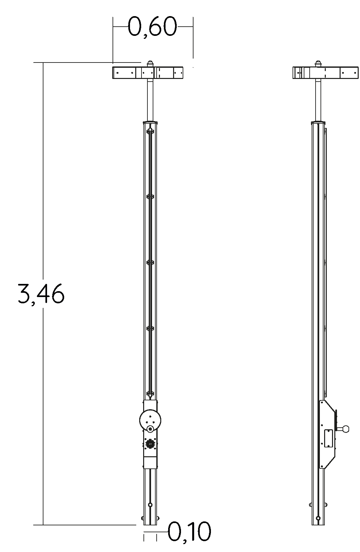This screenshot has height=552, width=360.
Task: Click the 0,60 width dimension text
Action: point(152,27)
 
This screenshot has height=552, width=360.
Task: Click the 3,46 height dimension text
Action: point(41,293)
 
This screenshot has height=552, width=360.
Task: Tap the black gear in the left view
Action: point(150,444)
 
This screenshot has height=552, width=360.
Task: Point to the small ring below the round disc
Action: point(150,429)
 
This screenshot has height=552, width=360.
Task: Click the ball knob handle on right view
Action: point(345,429)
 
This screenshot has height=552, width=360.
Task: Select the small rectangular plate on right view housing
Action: point(328,438)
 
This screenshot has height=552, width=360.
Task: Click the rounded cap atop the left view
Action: point(150,63)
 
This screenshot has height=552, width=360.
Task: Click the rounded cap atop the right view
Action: point(318,63)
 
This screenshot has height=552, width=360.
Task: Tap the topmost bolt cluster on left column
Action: point(150,132)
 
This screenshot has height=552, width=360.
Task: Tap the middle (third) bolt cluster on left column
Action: point(150,263)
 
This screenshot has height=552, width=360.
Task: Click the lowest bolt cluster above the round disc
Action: point(150,393)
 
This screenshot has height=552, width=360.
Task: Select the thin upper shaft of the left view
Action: point(150,99)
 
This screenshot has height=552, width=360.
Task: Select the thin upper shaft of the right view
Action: point(318,99)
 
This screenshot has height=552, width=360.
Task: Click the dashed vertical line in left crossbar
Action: point(160,73)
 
